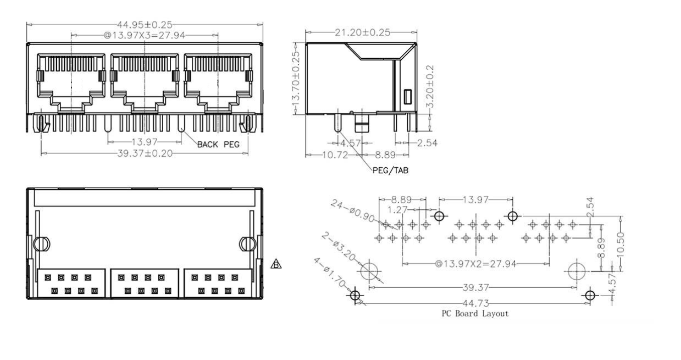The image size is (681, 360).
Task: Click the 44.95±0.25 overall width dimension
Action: pyautogui.click(x=144, y=24)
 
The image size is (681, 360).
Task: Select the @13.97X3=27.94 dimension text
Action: pyautogui.click(x=145, y=36)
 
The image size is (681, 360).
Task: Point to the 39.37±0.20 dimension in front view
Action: pyautogui.click(x=144, y=153)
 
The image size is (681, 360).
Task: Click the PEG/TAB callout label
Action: pyautogui.click(x=390, y=170)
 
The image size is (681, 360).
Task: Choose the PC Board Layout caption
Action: pyautogui.click(x=475, y=314)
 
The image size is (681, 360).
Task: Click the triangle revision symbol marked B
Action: pyautogui.click(x=276, y=263)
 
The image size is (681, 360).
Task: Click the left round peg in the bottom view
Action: pyautogui.click(x=41, y=244)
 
